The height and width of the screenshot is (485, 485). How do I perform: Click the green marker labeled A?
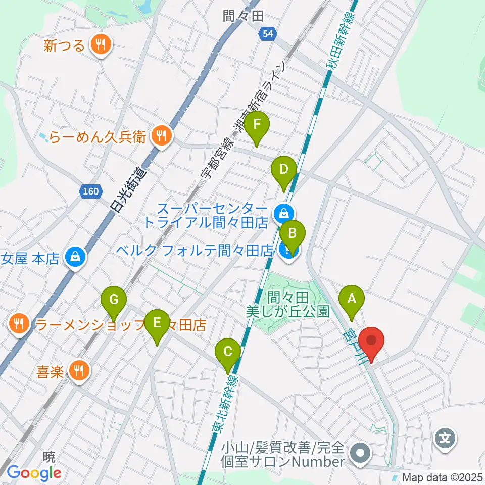point(351,298)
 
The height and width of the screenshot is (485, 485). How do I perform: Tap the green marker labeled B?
point(293,233)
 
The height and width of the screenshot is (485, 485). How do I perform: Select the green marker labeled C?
point(228,350)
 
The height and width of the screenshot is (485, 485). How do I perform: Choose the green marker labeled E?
point(157,322)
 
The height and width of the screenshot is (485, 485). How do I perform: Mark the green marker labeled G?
point(114,300)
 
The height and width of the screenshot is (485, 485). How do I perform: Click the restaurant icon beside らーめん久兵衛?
point(162,135)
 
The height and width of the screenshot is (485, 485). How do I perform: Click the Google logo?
point(34,472)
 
